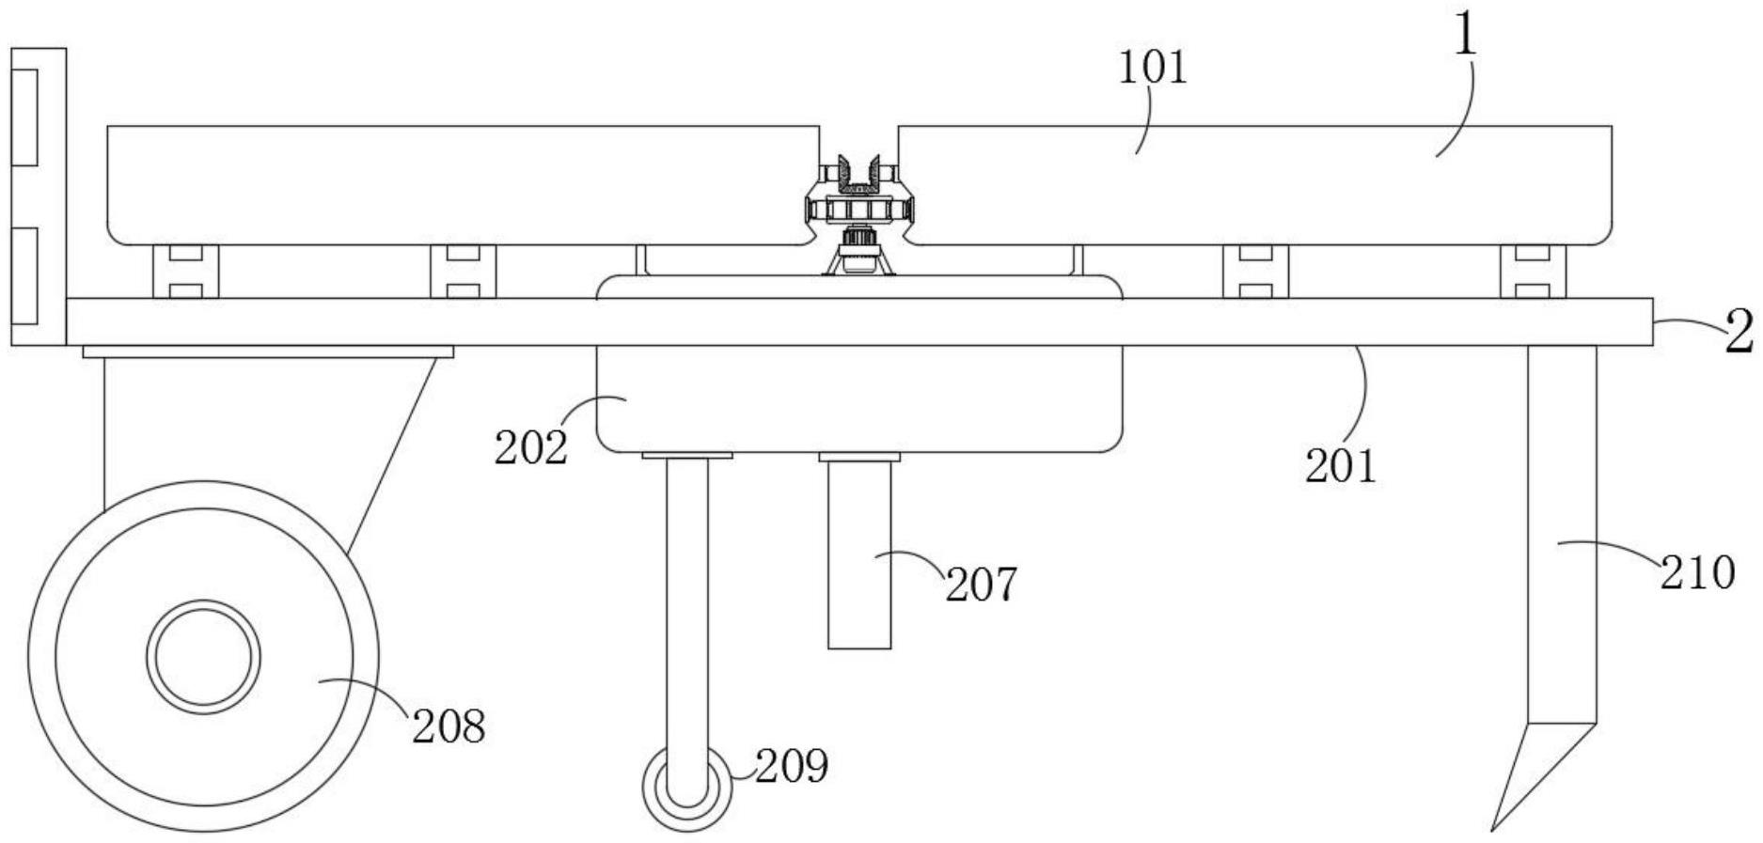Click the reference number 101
pos(1152,68)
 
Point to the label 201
pos(1340,465)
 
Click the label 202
pos(531,447)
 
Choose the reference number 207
pos(981,585)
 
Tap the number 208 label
pos(449,726)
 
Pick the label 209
pos(792,766)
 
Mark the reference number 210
pos(1697,572)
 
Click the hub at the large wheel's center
pos(203,657)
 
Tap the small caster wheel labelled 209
pos(687,788)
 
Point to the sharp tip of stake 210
pos(1492,830)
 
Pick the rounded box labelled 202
pos(859,398)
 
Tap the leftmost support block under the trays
pos(185,272)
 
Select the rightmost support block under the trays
pos(1533,272)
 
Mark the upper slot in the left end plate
pos(24,117)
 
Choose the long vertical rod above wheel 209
pos(687,620)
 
